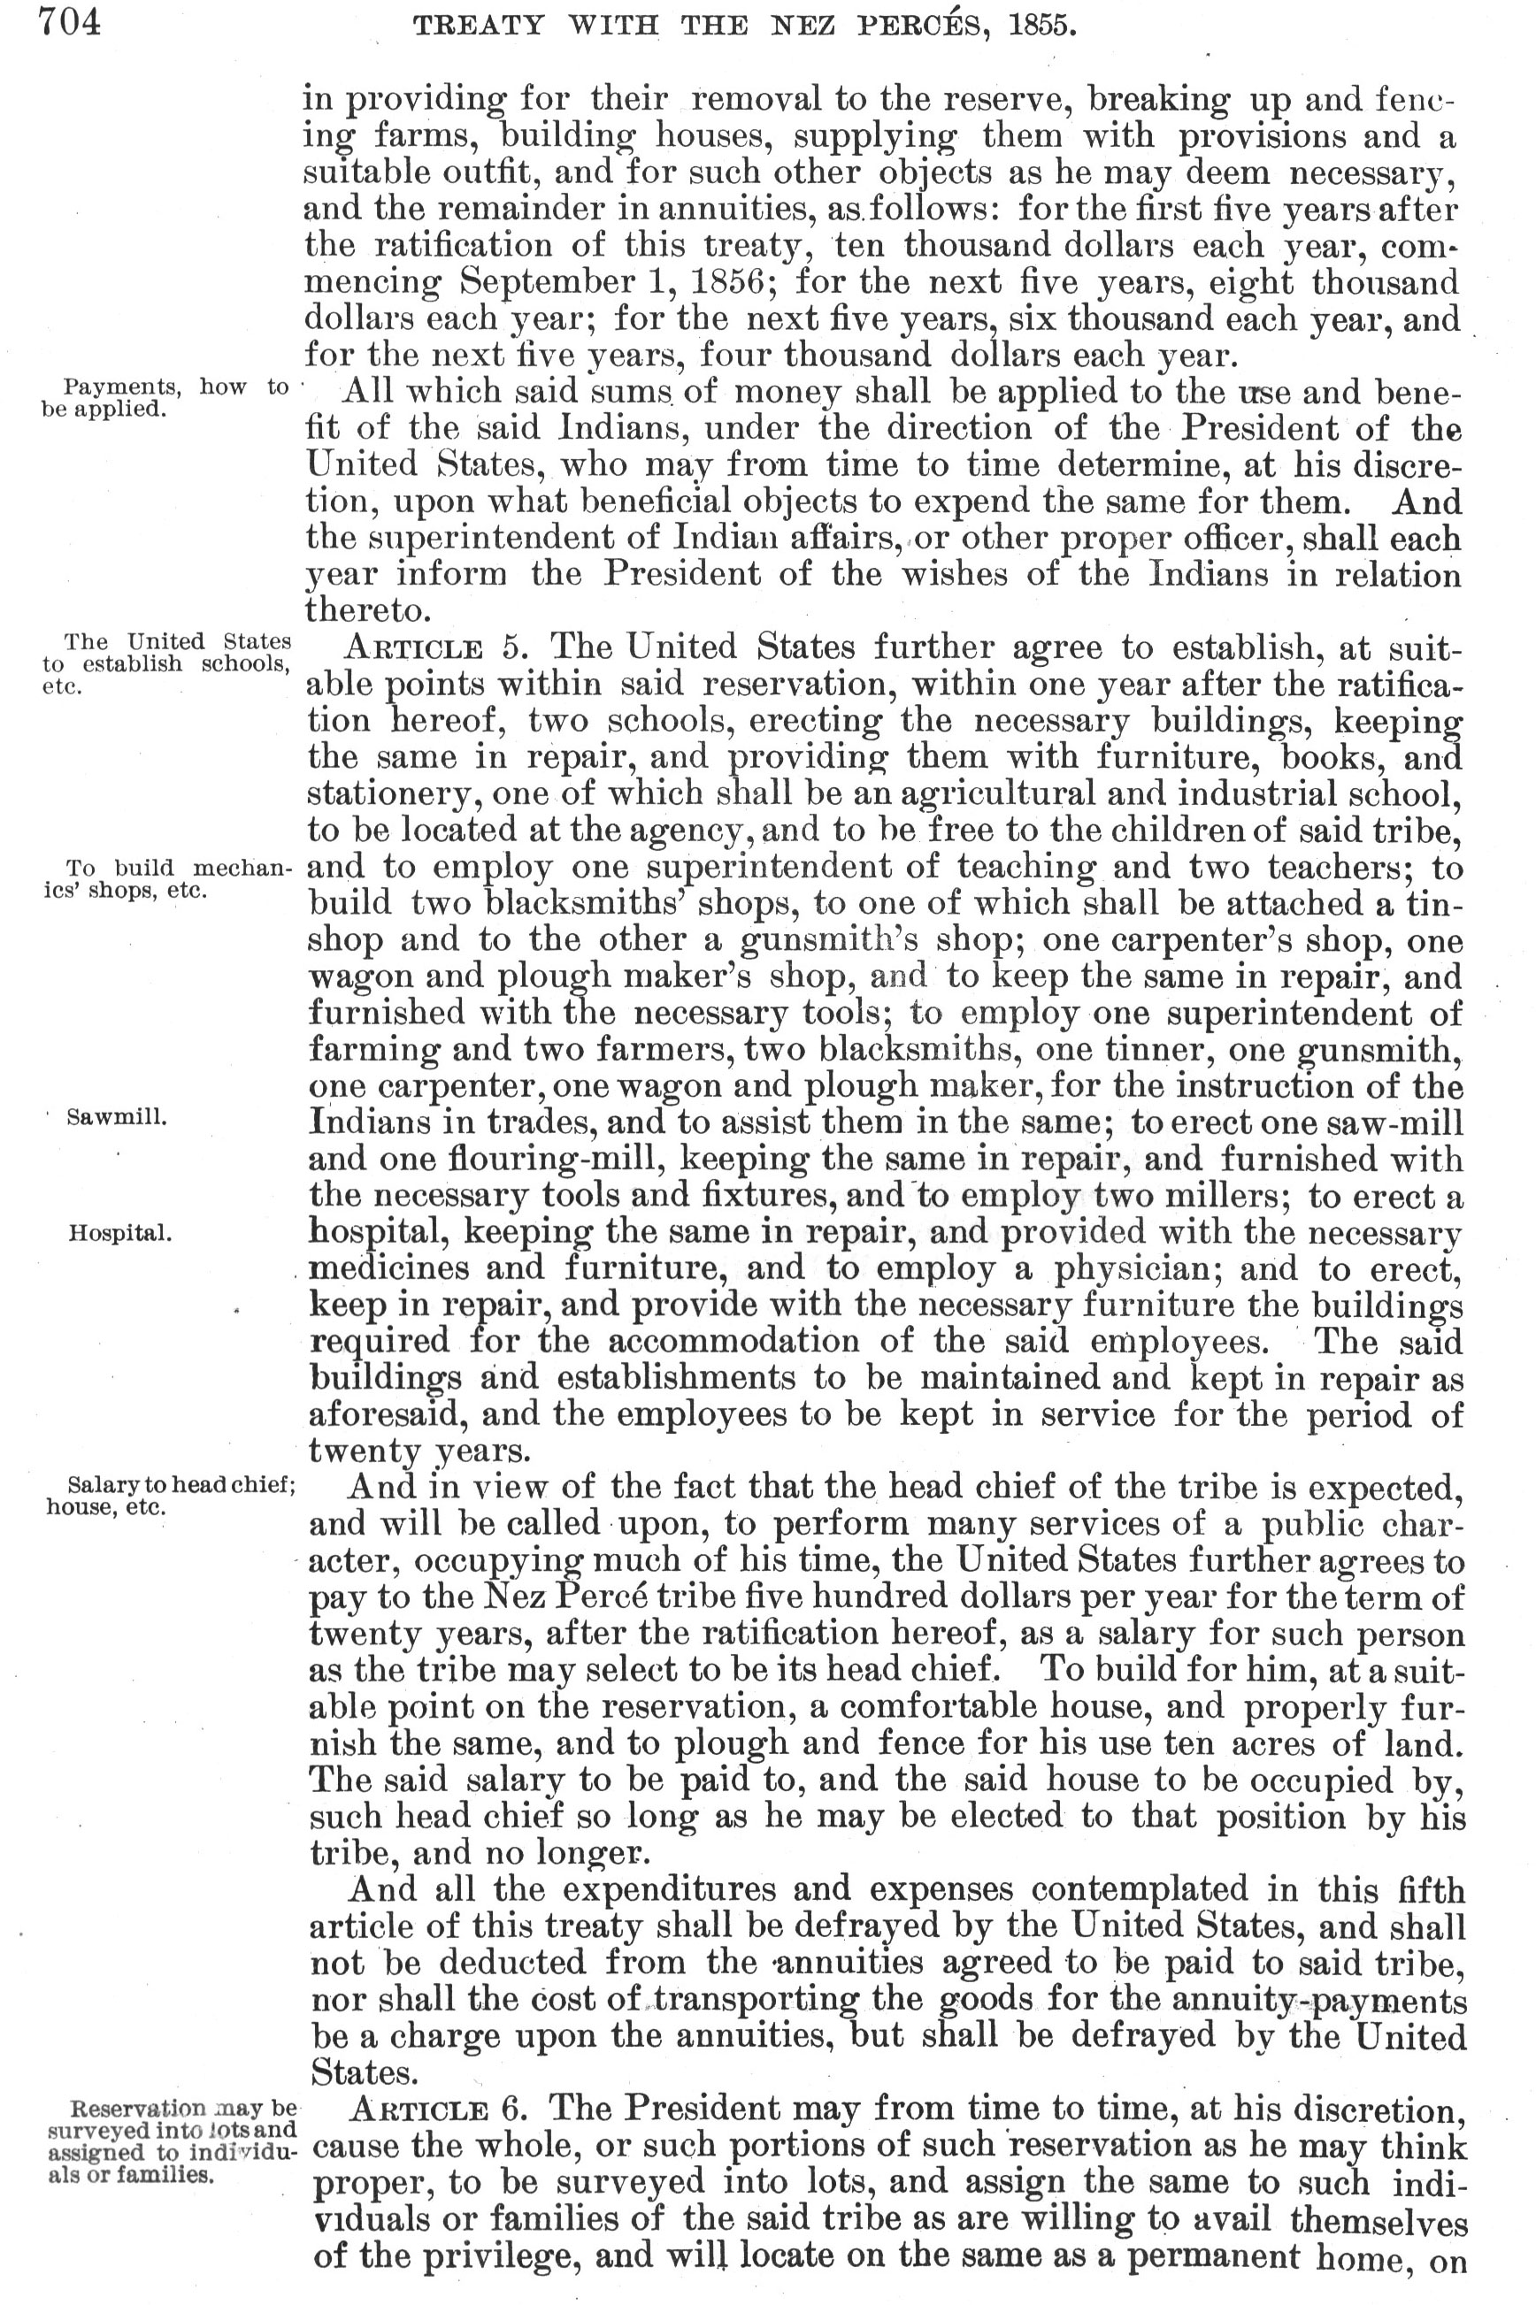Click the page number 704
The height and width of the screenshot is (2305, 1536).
[70, 21]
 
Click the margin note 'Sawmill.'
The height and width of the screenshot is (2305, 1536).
[117, 1117]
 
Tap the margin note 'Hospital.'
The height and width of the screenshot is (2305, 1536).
[120, 1233]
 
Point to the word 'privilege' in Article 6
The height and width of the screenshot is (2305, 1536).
[527, 2257]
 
